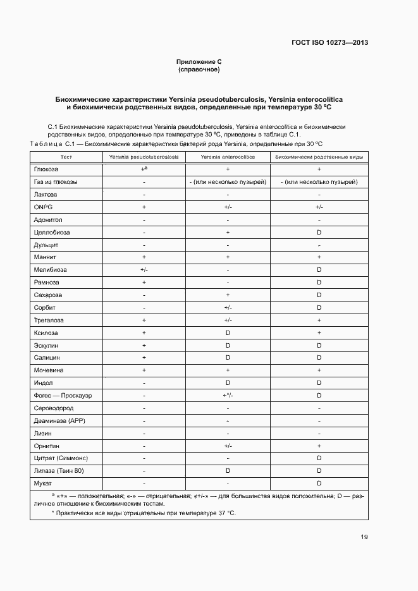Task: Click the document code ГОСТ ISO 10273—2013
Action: click(x=329, y=43)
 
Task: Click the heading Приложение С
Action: click(x=199, y=61)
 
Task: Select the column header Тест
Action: click(x=66, y=157)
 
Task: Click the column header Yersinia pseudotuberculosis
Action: click(x=144, y=157)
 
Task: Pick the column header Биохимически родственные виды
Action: click(x=319, y=157)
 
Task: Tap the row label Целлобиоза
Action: click(x=52, y=232)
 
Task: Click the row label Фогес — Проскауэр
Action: click(x=63, y=395)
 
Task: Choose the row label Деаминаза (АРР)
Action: click(x=59, y=420)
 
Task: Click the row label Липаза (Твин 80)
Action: click(x=59, y=471)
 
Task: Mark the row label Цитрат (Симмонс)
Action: click(x=61, y=458)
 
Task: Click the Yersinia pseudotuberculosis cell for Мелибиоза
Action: click(x=144, y=270)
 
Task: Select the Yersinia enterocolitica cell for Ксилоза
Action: click(x=228, y=332)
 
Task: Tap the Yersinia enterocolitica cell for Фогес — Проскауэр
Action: click(x=228, y=395)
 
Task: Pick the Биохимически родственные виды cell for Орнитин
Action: click(x=319, y=446)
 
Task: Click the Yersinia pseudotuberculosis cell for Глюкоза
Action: click(x=144, y=169)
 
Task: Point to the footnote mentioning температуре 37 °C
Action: click(x=145, y=513)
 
